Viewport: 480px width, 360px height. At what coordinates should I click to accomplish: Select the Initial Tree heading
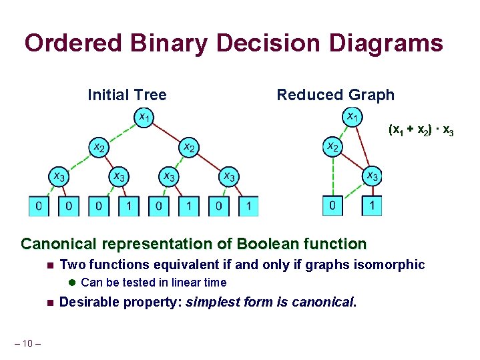(127, 95)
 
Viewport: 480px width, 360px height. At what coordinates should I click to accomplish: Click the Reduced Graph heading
(335, 95)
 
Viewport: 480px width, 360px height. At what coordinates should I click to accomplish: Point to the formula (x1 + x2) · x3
(421, 130)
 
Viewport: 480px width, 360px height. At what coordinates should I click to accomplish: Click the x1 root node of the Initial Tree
(144, 118)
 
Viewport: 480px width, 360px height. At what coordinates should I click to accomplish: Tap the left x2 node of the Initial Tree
(99, 146)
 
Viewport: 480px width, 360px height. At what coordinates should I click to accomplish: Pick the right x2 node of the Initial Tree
(189, 146)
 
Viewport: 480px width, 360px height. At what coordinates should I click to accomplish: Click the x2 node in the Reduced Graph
(332, 146)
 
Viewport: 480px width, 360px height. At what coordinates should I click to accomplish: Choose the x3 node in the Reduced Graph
(373, 176)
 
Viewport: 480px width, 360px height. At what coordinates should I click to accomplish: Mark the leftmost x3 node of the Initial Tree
(58, 176)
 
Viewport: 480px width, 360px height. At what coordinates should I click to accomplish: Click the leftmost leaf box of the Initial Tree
(39, 206)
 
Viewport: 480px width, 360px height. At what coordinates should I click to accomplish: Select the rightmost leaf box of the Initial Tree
(248, 206)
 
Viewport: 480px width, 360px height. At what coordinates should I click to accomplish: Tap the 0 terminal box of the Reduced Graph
(332, 206)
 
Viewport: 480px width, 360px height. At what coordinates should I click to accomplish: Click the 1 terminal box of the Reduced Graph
(373, 206)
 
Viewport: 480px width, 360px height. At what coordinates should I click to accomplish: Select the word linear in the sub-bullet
(183, 283)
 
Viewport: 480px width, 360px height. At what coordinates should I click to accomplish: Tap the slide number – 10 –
(27, 343)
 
